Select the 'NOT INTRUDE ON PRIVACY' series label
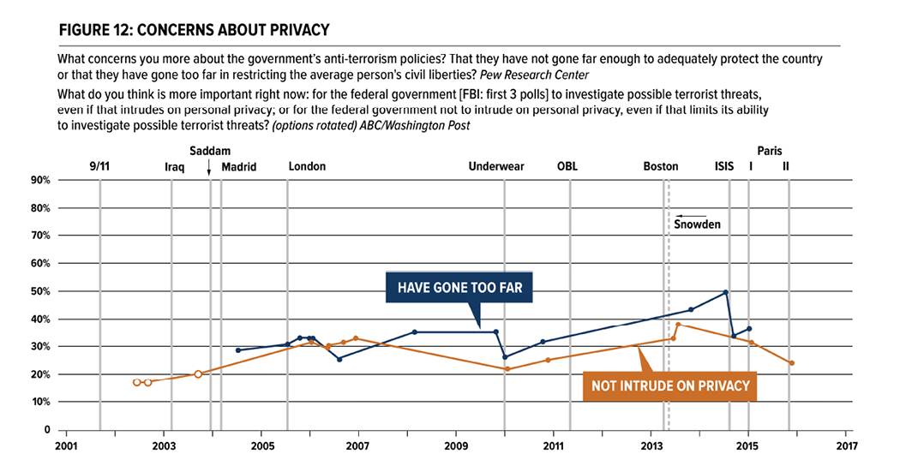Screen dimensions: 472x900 pyautogui.click(x=669, y=385)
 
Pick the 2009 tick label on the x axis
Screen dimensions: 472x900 pyautogui.click(x=456, y=446)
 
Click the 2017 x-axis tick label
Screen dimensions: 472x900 pyautogui.click(x=845, y=446)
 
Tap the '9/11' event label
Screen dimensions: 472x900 pyautogui.click(x=99, y=166)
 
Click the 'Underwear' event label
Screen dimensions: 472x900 pyautogui.click(x=496, y=166)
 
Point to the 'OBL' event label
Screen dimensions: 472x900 pyautogui.click(x=567, y=166)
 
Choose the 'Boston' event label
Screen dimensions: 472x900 pyautogui.click(x=661, y=166)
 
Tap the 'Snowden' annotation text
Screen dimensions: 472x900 pyautogui.click(x=697, y=224)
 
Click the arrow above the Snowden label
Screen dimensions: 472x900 pyautogui.click(x=691, y=215)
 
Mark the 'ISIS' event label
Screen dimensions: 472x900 pyautogui.click(x=724, y=166)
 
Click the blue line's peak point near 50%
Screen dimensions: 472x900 pyautogui.click(x=726, y=292)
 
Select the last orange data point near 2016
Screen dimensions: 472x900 pyautogui.click(x=791, y=363)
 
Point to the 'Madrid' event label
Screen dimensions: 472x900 pyautogui.click(x=239, y=166)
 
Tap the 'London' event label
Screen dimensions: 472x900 pyautogui.click(x=307, y=166)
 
